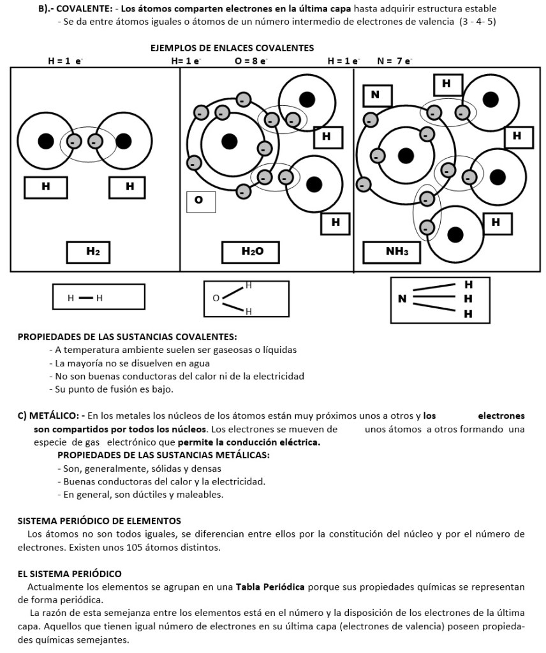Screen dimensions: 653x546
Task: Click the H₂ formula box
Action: point(93,252)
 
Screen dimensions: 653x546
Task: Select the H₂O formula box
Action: point(251,252)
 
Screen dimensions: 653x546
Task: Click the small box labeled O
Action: point(200,201)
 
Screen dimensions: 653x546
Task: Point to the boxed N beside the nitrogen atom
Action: point(376,95)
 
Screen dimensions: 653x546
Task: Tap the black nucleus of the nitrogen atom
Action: point(406,155)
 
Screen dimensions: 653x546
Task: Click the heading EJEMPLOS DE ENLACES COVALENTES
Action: point(232,48)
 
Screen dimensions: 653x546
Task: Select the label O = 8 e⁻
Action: point(251,61)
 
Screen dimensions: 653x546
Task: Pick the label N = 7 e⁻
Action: point(395,61)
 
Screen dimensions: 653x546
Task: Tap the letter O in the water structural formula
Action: point(216,297)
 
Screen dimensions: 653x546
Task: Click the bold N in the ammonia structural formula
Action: point(402,298)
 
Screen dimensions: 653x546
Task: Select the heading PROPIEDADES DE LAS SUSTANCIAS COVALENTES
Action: point(128,336)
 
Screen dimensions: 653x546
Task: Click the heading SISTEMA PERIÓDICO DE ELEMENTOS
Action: point(100,521)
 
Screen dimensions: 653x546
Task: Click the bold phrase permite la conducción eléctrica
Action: point(249,442)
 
